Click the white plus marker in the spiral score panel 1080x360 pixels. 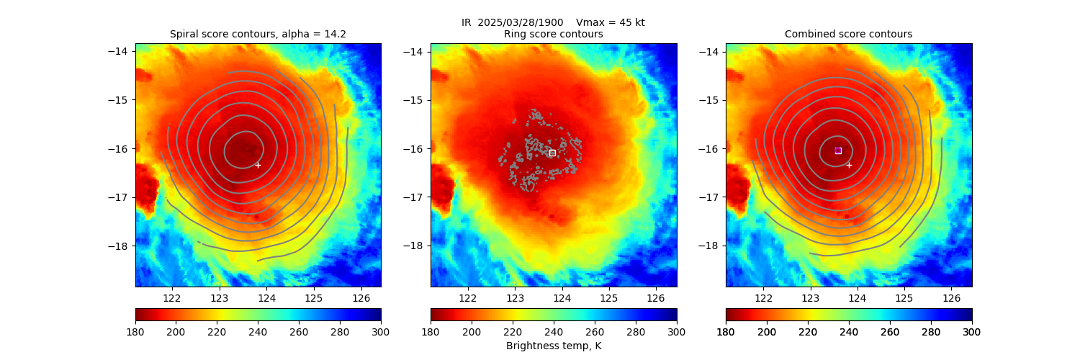[x=258, y=165]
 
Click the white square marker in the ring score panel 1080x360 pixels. [x=552, y=153]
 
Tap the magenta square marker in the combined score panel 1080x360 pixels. [x=838, y=150]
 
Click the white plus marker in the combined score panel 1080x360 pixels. [x=849, y=165]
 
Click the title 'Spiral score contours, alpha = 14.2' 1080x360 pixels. [x=258, y=34]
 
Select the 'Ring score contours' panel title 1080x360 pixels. [x=553, y=34]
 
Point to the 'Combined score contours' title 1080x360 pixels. [x=848, y=34]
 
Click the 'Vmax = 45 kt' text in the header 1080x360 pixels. [x=611, y=22]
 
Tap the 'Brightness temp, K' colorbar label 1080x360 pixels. [x=553, y=346]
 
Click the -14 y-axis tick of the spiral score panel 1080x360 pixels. [x=119, y=51]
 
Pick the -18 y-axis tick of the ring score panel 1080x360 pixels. [x=414, y=246]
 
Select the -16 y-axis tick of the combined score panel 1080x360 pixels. [x=709, y=149]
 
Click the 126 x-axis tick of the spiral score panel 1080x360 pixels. [x=361, y=297]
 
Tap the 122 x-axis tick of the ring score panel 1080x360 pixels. [x=467, y=297]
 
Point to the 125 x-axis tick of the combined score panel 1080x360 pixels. [x=904, y=297]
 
